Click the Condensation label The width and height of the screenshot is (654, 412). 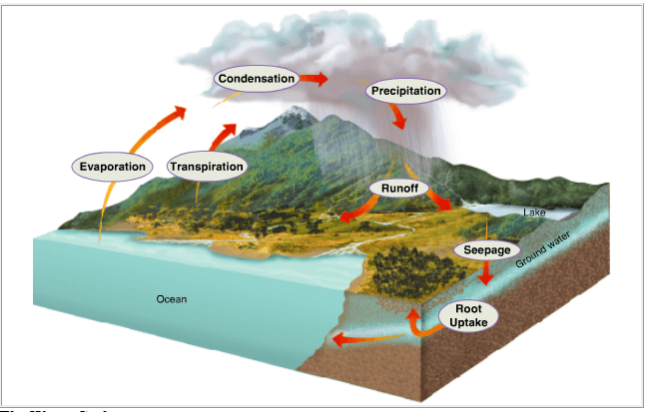[257, 78]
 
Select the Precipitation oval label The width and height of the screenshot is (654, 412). [405, 92]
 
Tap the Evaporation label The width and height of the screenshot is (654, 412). [111, 166]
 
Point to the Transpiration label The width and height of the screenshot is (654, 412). [207, 166]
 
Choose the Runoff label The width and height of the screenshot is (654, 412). [398, 188]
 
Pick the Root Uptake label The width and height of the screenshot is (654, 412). [468, 316]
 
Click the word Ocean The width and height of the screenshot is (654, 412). [171, 299]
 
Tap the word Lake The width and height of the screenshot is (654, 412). [534, 212]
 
